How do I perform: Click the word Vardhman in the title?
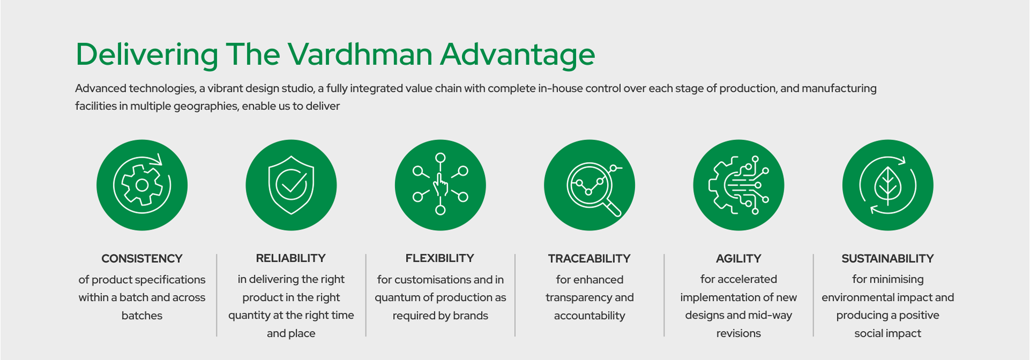360,54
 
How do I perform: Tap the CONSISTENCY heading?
142,259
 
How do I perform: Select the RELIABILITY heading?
291,258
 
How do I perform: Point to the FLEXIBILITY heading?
440,258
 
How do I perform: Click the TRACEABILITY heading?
589,259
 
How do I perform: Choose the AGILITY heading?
738,259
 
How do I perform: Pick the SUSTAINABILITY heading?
887,259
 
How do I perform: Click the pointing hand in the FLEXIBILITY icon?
440,185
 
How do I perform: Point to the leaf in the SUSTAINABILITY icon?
888,186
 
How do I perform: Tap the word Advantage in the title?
518,55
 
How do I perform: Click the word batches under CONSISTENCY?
142,315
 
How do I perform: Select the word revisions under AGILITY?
738,333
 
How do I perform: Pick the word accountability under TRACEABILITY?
590,315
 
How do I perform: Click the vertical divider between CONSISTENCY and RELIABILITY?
217,295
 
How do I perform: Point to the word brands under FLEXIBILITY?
470,315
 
